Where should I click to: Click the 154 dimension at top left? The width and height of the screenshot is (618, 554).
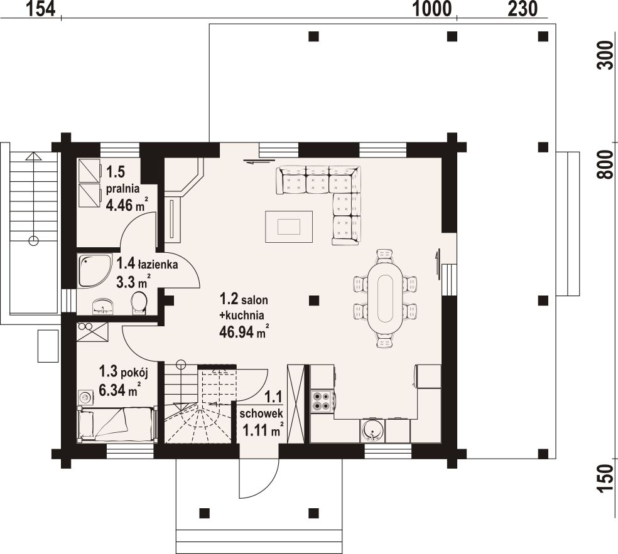[41, 9]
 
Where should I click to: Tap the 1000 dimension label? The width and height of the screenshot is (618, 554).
[431, 9]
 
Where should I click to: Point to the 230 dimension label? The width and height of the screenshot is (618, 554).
[523, 9]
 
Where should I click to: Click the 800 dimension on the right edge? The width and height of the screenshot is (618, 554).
[606, 164]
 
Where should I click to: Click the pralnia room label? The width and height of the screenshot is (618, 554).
[123, 189]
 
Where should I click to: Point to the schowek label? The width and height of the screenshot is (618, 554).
[261, 413]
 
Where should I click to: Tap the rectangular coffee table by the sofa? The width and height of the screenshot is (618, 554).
[289, 226]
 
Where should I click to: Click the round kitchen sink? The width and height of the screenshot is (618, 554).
[372, 430]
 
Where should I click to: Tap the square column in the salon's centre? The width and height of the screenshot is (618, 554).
[314, 301]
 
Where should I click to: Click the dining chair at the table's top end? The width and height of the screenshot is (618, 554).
[385, 255]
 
